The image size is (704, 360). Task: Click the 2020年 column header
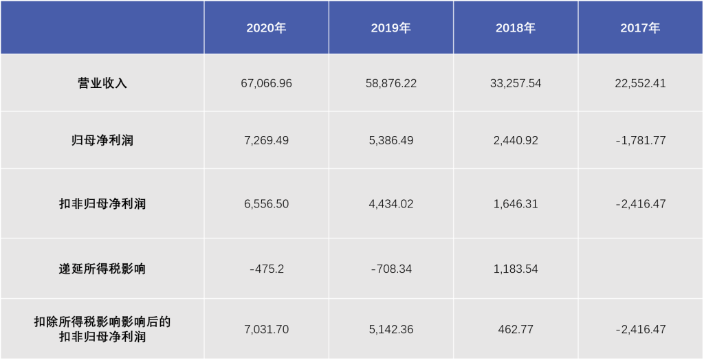266,28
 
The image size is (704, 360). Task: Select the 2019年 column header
390,28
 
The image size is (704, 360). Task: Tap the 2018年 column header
515,28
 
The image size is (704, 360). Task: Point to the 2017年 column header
640,28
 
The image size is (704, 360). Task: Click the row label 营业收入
102,83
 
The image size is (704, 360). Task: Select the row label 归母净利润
102,140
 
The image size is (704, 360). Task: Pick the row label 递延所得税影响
102,269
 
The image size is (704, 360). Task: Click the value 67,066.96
266,83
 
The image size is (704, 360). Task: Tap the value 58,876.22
390,83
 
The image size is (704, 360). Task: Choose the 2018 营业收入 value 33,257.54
515,83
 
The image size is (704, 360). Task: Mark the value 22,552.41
640,83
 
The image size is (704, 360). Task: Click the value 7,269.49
266,140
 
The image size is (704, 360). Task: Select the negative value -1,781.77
640,140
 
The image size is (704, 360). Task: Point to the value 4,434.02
390,204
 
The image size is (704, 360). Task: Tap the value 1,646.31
515,204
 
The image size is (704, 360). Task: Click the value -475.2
266,269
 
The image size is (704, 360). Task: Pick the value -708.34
390,269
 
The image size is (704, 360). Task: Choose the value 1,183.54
515,269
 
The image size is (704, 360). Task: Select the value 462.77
515,329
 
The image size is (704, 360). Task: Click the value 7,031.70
266,329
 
